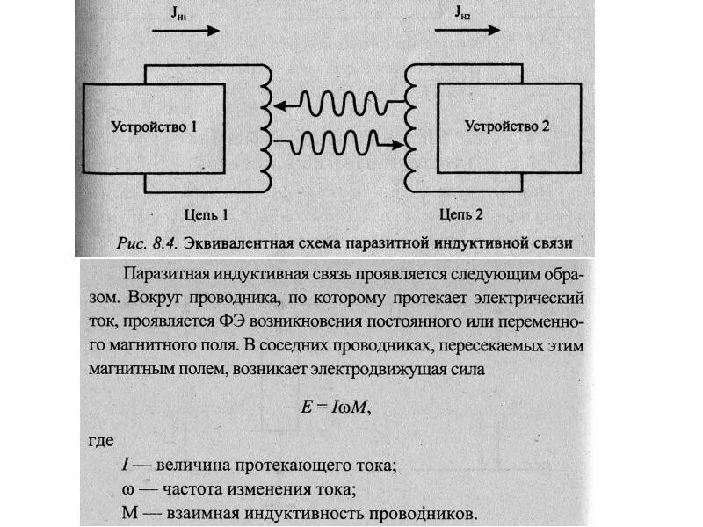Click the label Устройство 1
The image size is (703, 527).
click(x=154, y=126)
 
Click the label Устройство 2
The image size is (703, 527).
click(x=507, y=126)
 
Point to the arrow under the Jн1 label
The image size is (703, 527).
click(x=185, y=29)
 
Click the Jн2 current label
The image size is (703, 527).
click(x=464, y=11)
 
